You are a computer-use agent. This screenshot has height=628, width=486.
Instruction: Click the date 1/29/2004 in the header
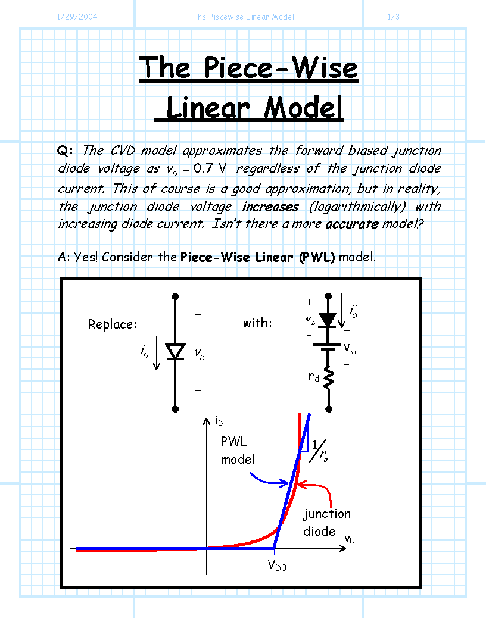(77, 17)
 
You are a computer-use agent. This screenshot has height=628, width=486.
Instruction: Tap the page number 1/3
(394, 17)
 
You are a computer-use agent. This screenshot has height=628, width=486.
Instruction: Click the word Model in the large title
(303, 108)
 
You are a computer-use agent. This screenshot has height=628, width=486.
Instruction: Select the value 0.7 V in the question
(210, 168)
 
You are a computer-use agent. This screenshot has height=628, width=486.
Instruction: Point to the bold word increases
(270, 207)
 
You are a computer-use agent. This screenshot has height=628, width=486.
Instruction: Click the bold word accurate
(352, 224)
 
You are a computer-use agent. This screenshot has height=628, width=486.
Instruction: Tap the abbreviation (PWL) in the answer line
(316, 257)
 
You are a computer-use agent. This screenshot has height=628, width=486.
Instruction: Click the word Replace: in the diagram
(112, 324)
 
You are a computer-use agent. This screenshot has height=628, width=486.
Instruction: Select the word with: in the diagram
(257, 323)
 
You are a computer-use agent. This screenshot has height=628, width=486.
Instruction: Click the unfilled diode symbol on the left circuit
(175, 352)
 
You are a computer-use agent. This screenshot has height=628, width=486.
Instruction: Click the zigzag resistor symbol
(329, 377)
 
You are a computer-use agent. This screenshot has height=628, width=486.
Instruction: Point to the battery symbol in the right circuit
(328, 347)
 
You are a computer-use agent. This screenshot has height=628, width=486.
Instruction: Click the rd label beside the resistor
(314, 376)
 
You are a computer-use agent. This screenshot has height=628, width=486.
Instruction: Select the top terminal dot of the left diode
(175, 296)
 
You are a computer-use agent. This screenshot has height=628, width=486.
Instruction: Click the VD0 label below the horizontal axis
(277, 565)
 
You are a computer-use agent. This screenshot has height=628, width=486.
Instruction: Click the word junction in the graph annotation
(327, 514)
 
